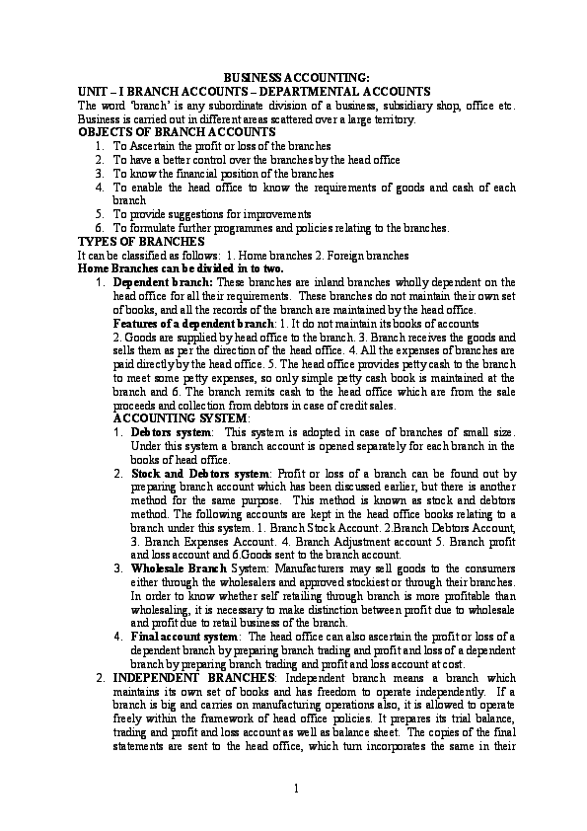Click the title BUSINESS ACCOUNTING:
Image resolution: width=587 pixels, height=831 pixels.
pyautogui.click(x=294, y=76)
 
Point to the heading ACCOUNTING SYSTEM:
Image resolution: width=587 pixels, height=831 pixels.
pyautogui.click(x=169, y=418)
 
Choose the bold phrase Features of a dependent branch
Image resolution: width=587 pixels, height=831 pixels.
pyautogui.click(x=192, y=324)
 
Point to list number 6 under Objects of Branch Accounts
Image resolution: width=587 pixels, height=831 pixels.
pyautogui.click(x=100, y=228)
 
